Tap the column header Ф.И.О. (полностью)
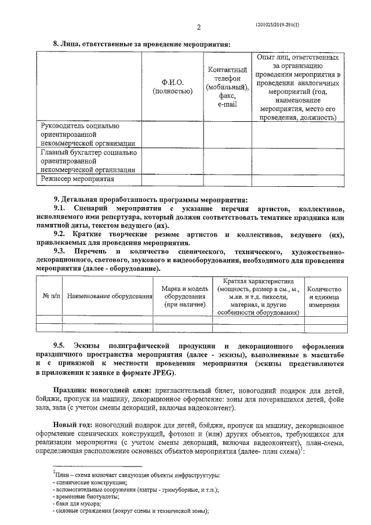pyautogui.click(x=172, y=86)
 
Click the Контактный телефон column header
pyautogui.click(x=227, y=86)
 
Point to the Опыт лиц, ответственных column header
pyautogui.click(x=298, y=86)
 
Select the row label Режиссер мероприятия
pyautogui.click(x=77, y=179)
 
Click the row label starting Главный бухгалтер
pyautogui.click(x=88, y=161)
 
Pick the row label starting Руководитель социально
pyautogui.click(x=88, y=135)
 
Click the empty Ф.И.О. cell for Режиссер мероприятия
pyautogui.click(x=172, y=180)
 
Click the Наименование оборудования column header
pyautogui.click(x=110, y=296)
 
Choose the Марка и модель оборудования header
pyautogui.click(x=184, y=296)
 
